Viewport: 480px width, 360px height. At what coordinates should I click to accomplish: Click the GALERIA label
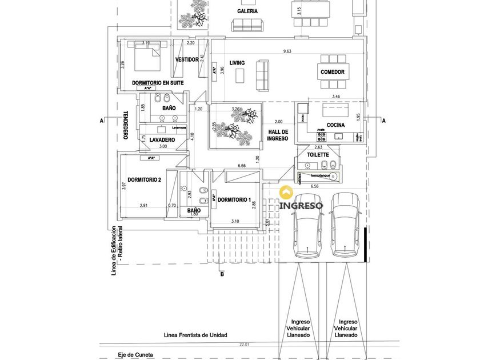tap(247, 11)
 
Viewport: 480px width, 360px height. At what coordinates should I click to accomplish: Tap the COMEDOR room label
tap(333, 72)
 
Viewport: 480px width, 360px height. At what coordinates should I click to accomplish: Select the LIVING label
tap(237, 63)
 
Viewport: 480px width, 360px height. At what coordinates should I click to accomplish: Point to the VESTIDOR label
tap(187, 59)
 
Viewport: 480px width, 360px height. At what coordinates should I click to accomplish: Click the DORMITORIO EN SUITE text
tap(158, 83)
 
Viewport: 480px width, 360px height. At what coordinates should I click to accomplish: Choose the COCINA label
tap(335, 125)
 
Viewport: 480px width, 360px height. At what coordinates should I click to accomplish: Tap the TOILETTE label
tap(318, 155)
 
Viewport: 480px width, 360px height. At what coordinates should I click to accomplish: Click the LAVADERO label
tap(162, 140)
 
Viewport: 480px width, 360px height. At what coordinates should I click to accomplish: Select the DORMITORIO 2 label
tap(144, 180)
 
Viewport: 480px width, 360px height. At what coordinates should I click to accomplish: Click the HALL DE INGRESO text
tap(278, 135)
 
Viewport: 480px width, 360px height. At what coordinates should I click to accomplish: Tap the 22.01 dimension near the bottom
tap(245, 345)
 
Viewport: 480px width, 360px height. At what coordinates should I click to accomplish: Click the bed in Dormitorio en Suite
tap(147, 53)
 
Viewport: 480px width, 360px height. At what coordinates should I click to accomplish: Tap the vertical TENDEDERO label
tap(125, 125)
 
